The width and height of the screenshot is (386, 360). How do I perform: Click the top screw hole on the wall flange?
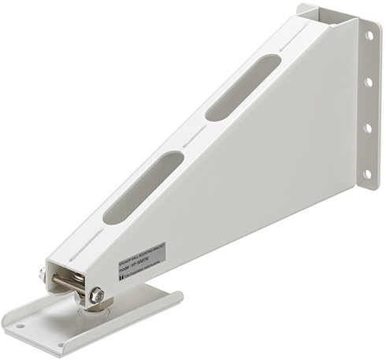(x=368, y=35)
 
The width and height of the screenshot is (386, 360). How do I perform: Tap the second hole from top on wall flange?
(x=368, y=81)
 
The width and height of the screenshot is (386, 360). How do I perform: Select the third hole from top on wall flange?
(x=368, y=128)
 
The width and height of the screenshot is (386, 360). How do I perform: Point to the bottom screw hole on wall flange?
(x=367, y=173)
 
